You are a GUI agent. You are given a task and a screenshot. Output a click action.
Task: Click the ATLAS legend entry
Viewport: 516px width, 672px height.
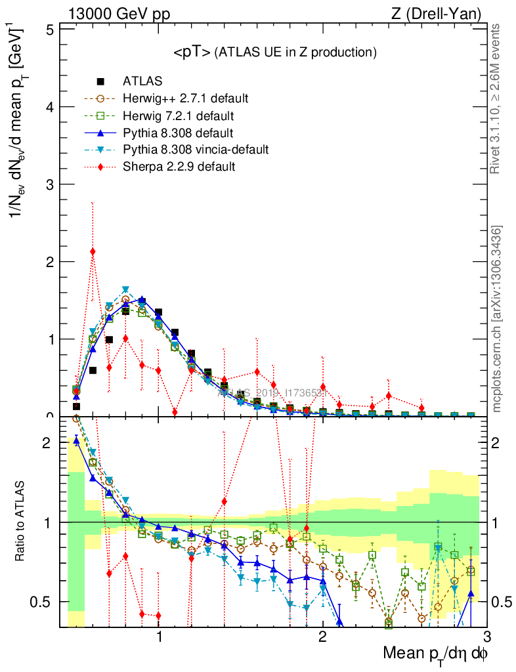[142, 82]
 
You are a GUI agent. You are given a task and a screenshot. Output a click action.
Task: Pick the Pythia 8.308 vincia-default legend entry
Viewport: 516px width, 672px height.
[196, 150]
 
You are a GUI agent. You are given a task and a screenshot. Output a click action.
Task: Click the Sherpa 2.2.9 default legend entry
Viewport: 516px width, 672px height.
[179, 167]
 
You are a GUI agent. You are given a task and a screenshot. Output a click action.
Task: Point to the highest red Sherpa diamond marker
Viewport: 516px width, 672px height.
[93, 251]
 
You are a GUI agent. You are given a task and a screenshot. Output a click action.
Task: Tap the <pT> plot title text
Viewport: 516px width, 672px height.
[274, 52]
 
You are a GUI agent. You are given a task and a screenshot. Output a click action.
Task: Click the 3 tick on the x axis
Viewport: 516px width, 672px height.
[485, 637]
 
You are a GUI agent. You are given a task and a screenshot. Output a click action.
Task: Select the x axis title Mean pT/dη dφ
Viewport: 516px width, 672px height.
[435, 654]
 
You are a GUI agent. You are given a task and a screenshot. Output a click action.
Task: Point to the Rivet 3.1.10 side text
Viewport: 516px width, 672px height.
[498, 98]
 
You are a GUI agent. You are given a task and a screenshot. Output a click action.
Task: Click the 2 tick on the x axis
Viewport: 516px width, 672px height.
[322, 637]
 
